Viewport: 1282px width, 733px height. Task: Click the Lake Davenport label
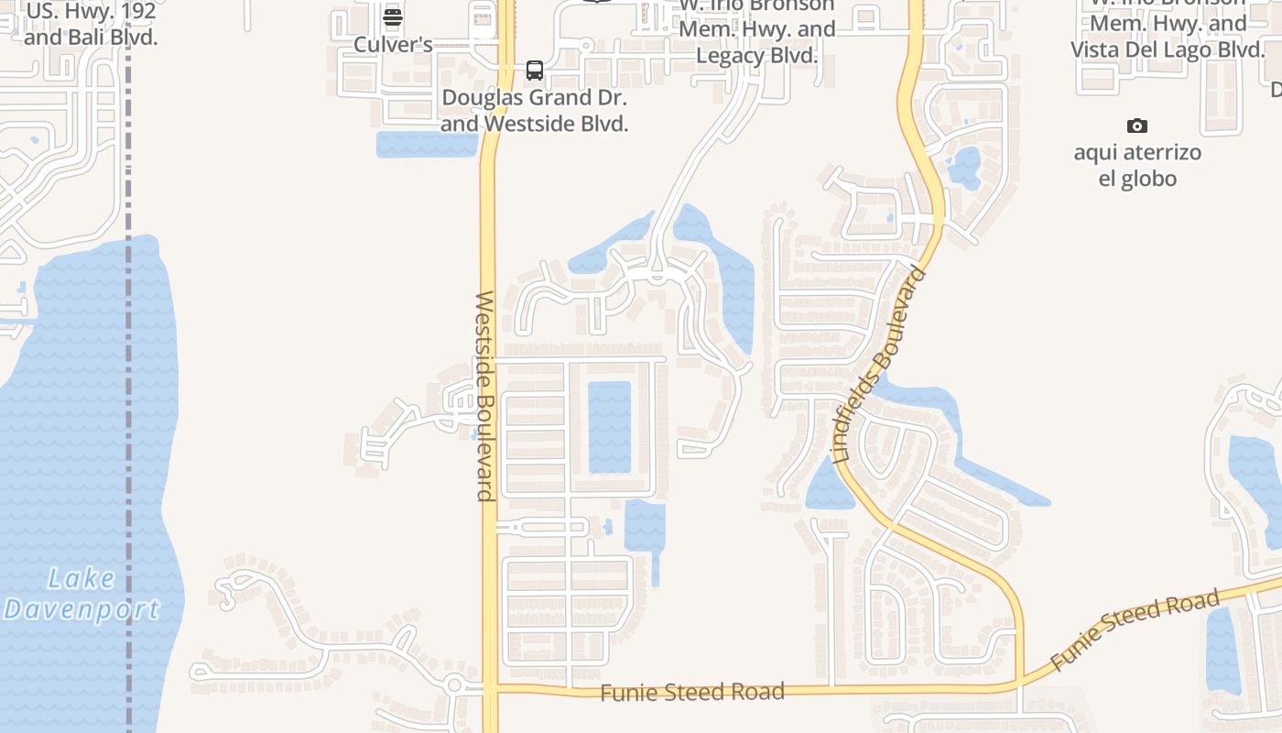point(82,594)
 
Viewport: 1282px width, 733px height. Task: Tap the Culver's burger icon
point(393,16)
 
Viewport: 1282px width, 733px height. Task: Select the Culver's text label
point(393,44)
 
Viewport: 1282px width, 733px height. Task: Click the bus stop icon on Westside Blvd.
point(535,71)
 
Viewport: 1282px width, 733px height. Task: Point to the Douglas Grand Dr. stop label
point(535,110)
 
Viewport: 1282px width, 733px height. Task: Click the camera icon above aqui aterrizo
point(1136,126)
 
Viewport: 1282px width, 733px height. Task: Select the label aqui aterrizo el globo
point(1137,165)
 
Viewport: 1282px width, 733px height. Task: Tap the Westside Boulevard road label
point(485,396)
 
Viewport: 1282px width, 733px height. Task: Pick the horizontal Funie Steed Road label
point(692,692)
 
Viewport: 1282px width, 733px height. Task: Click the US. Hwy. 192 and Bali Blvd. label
point(91,26)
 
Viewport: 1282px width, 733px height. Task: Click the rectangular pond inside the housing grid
point(609,427)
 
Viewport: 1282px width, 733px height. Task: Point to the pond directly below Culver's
point(426,144)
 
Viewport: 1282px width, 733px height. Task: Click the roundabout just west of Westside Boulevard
point(454,684)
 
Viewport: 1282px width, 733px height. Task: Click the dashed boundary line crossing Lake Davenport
point(128,458)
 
